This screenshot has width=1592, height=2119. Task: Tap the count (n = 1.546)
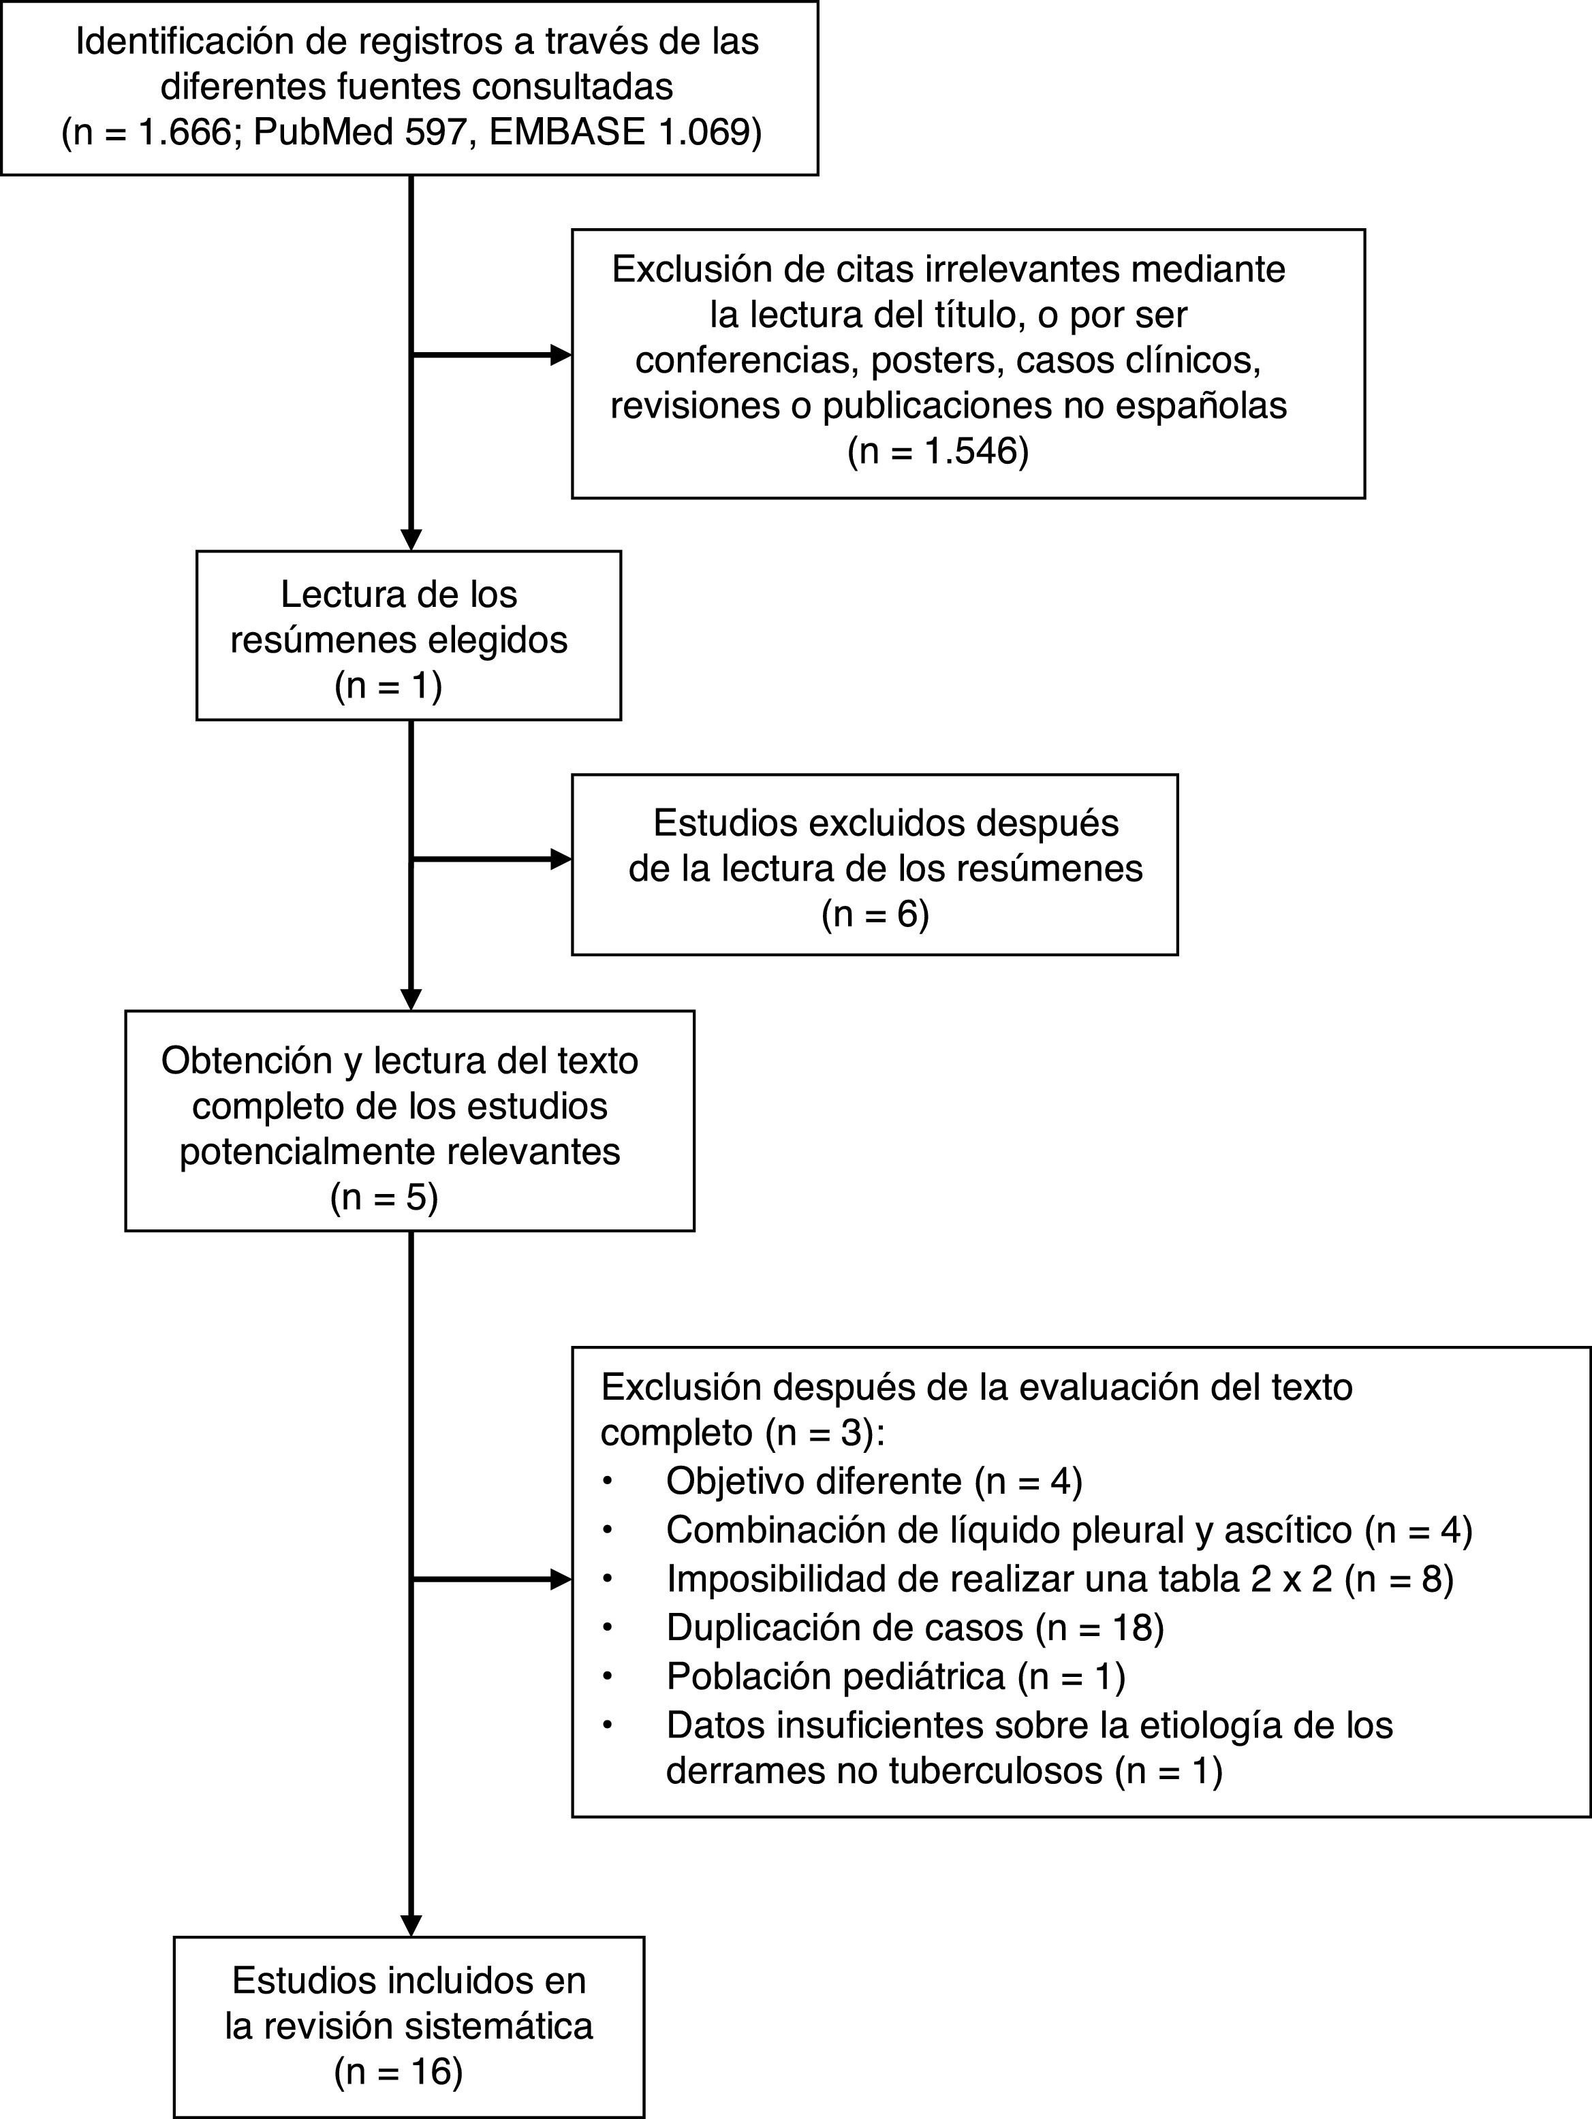[938, 450]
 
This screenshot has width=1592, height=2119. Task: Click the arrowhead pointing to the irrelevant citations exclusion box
[561, 356]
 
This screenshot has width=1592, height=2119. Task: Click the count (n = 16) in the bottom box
[398, 2071]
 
